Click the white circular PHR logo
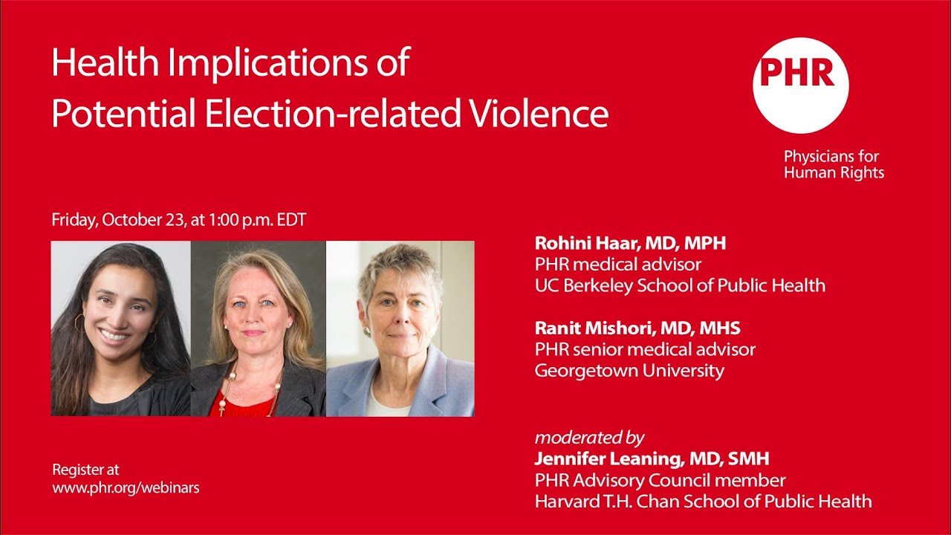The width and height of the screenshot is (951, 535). point(800,85)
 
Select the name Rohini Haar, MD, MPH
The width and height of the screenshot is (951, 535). point(630,243)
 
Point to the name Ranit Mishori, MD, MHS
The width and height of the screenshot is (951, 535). point(637,328)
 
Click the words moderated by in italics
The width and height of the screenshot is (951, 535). point(589,437)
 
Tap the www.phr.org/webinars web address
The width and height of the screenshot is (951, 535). point(126,487)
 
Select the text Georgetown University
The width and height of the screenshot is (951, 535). point(629,370)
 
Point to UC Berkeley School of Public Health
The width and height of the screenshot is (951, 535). point(680,285)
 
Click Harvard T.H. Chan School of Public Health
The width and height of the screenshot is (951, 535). point(703,501)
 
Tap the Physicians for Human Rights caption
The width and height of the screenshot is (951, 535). point(834,164)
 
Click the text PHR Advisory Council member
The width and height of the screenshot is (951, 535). point(660,480)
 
